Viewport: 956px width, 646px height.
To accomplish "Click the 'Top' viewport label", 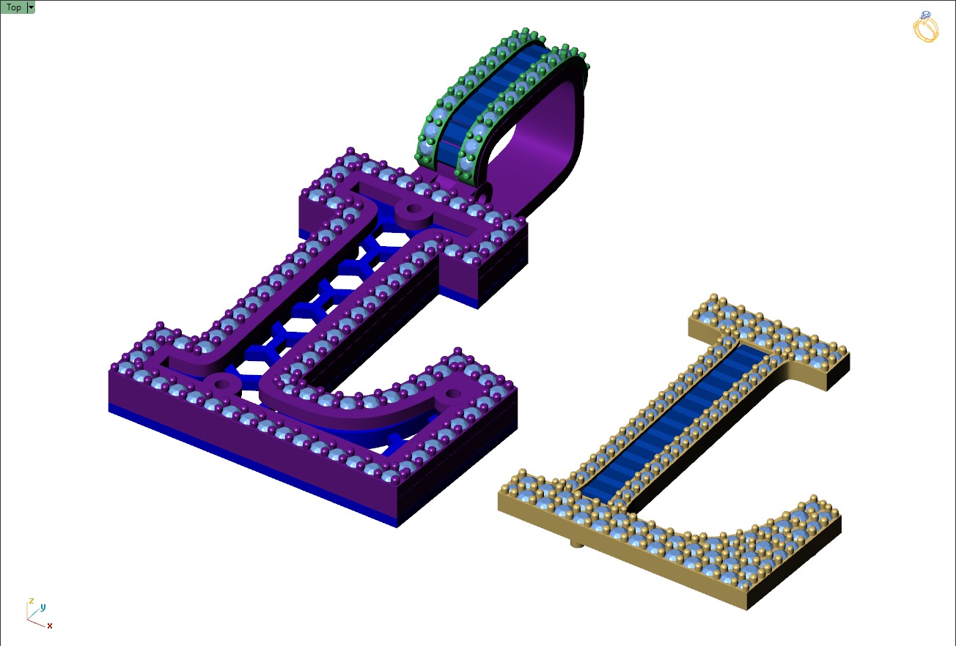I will point(13,7).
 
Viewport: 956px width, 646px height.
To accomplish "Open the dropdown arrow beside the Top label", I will point(31,7).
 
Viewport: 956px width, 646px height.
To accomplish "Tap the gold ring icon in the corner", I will point(925,27).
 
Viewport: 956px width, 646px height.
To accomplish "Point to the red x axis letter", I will point(50,626).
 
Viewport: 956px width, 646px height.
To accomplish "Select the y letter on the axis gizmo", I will point(43,607).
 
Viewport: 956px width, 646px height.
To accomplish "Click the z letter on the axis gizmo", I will point(30,601).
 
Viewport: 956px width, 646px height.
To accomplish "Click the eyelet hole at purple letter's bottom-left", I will point(221,382).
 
